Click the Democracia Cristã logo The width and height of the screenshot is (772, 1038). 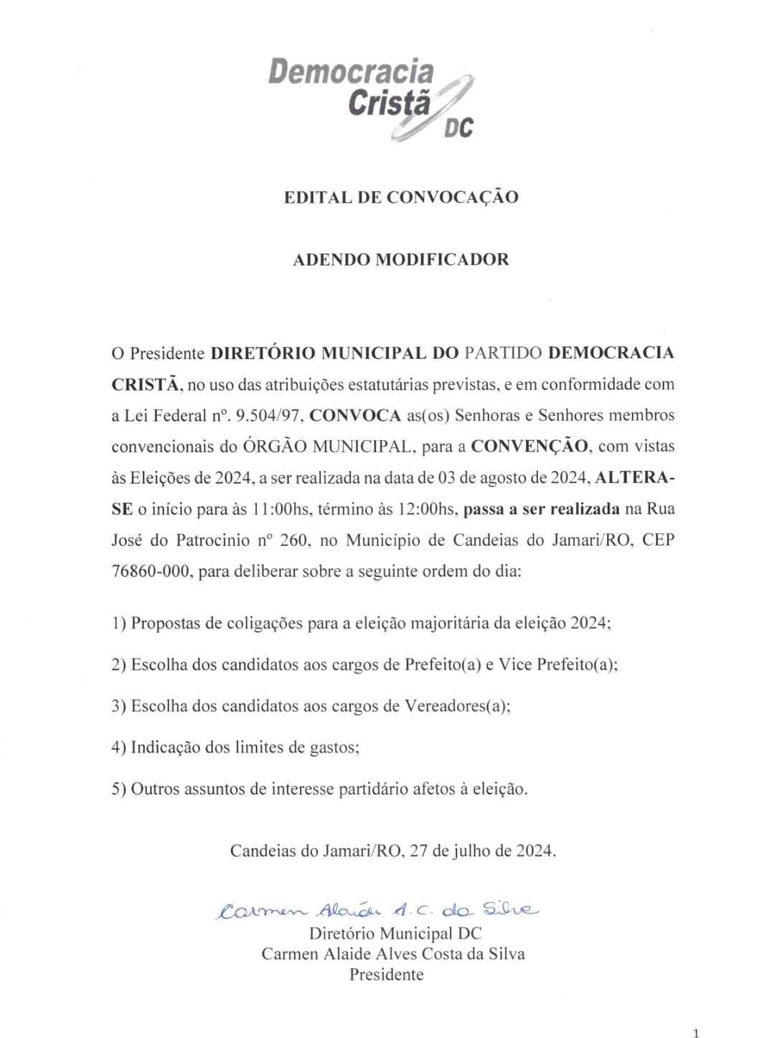[371, 98]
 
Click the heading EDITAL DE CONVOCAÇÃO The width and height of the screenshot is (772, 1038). [400, 197]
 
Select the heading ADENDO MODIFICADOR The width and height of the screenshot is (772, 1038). [400, 259]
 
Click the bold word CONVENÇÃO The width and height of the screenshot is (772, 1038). [529, 447]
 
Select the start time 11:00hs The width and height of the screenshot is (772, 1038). [281, 510]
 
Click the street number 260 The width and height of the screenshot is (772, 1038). [294, 541]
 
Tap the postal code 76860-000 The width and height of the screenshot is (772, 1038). [152, 572]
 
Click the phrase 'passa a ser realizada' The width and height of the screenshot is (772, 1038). [542, 510]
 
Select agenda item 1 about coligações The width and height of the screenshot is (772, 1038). [361, 623]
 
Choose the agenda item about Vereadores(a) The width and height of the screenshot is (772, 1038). [311, 706]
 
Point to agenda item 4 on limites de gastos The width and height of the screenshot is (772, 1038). [235, 748]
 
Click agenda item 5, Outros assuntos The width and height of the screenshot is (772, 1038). [319, 789]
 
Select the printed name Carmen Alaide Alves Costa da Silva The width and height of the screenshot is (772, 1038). [392, 954]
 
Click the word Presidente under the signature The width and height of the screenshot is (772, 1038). [386, 975]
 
